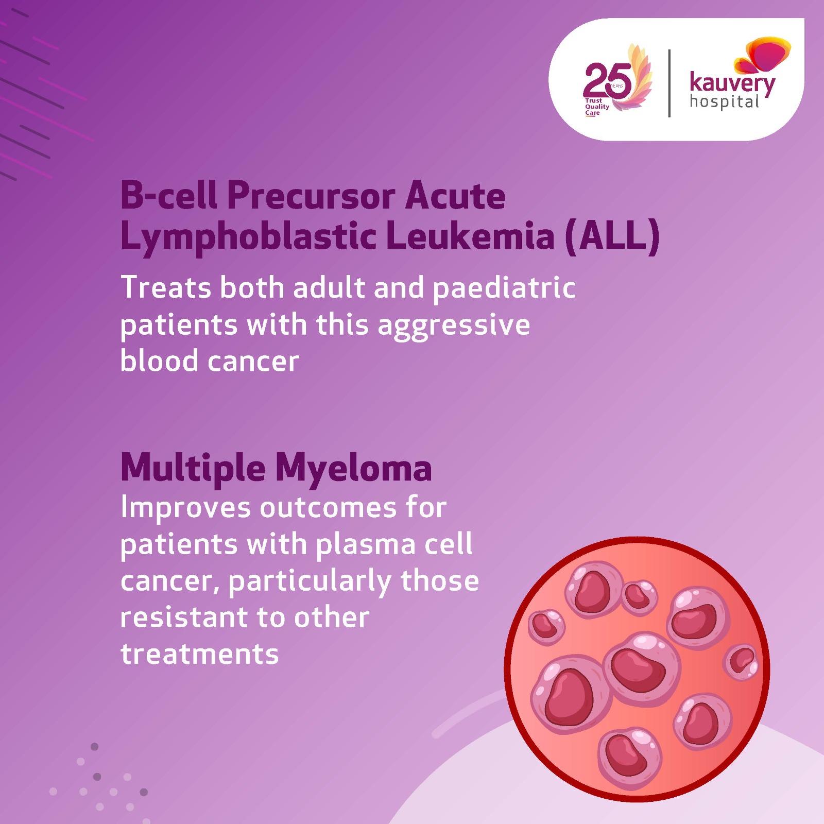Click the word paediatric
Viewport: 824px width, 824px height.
pos(503,288)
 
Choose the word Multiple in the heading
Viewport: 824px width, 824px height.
pos(194,470)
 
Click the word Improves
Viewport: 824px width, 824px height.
pos(185,508)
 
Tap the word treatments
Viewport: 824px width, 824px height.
pos(199,655)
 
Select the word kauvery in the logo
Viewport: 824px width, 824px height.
pos(732,84)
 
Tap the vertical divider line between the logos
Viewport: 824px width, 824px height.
pos(669,83)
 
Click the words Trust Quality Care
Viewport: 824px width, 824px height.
pos(596,107)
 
